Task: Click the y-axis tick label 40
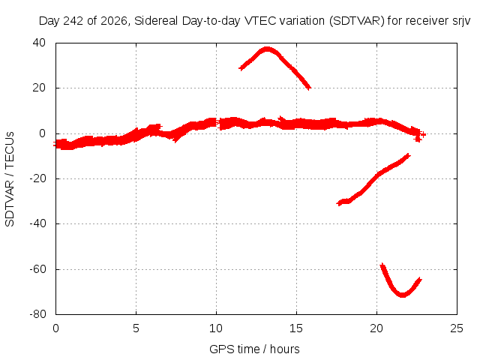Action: (x=39, y=43)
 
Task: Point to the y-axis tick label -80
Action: (x=37, y=314)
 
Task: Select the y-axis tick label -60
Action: (x=37, y=269)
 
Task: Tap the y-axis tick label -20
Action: (x=37, y=178)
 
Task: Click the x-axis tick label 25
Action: (x=457, y=328)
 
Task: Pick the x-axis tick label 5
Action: (x=136, y=328)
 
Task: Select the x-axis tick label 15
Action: (x=296, y=328)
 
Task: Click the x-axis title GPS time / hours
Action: (x=254, y=349)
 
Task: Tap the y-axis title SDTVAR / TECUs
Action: (x=10, y=179)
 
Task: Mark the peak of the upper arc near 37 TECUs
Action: (x=267, y=49)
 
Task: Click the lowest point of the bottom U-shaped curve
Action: (x=402, y=295)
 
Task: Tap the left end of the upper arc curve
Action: (x=241, y=68)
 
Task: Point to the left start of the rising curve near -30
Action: (x=338, y=203)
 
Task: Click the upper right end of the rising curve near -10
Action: (x=409, y=155)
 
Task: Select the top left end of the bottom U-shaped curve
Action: (x=382, y=265)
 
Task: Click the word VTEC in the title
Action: (x=260, y=21)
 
